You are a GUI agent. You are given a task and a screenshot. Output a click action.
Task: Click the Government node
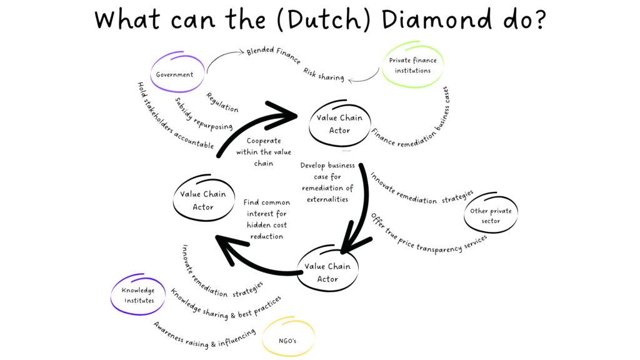(x=175, y=74)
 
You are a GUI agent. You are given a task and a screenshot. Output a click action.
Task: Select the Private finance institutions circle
(x=409, y=66)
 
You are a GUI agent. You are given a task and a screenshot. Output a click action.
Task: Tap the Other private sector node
(x=491, y=215)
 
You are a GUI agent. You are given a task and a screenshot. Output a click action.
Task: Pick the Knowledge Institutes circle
(x=137, y=295)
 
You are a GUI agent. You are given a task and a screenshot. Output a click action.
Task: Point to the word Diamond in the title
(x=434, y=20)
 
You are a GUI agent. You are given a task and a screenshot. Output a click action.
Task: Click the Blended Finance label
(x=274, y=56)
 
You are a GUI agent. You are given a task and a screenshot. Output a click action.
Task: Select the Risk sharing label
(x=324, y=74)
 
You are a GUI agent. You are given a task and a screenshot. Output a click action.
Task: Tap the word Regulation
(x=222, y=102)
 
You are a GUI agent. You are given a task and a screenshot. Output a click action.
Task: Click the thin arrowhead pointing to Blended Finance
(x=241, y=53)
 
